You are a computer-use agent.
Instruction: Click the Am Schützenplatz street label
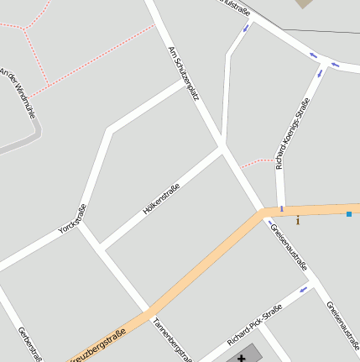(x=183, y=73)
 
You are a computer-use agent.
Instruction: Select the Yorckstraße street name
(x=72, y=218)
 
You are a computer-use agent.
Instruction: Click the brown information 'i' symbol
(x=297, y=221)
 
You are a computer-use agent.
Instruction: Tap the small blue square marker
(x=349, y=214)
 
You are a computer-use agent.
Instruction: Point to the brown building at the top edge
(x=304, y=3)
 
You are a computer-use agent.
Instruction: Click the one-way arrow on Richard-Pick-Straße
(x=304, y=291)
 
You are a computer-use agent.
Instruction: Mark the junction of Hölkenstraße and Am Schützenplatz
(x=222, y=149)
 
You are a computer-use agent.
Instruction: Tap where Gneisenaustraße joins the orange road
(x=263, y=213)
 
